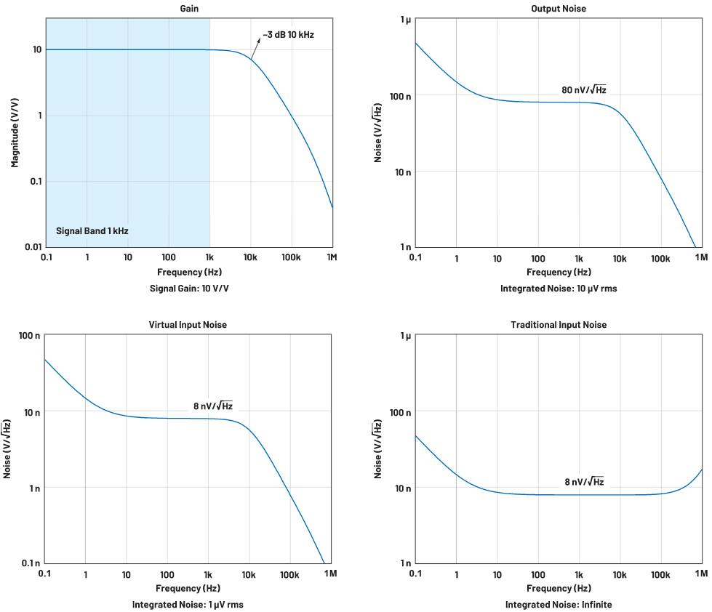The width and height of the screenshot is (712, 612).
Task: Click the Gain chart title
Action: click(189, 8)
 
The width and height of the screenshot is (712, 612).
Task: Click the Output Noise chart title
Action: click(559, 8)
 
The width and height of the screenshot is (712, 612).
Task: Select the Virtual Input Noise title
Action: click(188, 325)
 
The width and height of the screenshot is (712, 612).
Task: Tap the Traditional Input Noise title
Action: click(559, 325)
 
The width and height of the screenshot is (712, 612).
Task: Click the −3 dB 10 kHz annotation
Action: click(289, 34)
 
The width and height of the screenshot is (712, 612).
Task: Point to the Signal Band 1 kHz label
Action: click(92, 231)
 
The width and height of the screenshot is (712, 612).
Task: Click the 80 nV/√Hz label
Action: click(583, 90)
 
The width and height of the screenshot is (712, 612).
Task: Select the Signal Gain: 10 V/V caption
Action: click(189, 289)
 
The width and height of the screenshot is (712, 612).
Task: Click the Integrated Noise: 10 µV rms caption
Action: click(559, 289)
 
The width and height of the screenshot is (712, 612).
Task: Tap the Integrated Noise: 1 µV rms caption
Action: click(188, 604)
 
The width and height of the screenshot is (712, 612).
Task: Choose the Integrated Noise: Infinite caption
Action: click(559, 604)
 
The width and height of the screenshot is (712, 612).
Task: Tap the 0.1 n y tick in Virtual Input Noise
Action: click(30, 563)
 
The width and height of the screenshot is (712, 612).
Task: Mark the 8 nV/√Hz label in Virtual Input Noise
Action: click(212, 406)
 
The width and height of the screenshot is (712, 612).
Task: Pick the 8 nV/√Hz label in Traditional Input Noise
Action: click(584, 481)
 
